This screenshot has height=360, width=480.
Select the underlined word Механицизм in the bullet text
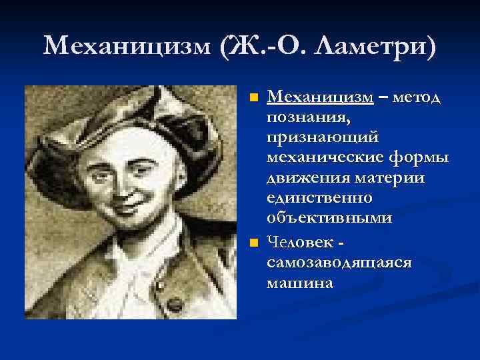tap(320, 98)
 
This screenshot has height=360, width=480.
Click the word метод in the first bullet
tap(417, 98)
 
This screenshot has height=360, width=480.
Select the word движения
tap(302, 178)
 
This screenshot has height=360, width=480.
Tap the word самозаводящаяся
tap(339, 261)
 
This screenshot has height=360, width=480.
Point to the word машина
tap(299, 282)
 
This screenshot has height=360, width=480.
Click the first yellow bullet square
tap(253, 99)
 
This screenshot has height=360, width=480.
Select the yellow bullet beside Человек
tap(253, 241)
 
